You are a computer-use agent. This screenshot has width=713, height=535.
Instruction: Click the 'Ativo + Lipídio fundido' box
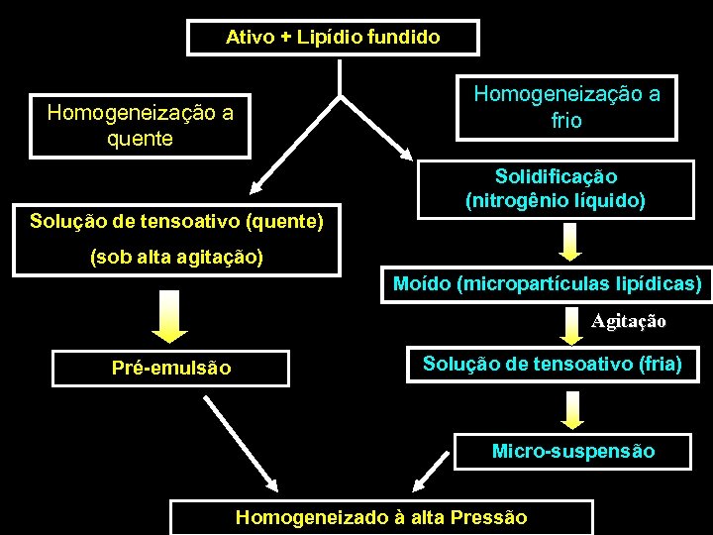[333, 38]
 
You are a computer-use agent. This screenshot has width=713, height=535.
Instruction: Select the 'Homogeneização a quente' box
[140, 126]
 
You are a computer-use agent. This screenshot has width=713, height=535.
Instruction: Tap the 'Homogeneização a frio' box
[566, 107]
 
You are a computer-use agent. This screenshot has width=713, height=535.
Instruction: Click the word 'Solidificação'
[556, 176]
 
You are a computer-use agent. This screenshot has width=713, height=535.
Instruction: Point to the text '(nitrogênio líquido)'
[556, 201]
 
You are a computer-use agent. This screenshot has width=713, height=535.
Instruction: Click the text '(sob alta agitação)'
[176, 258]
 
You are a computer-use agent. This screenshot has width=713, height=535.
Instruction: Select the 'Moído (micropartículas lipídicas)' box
[547, 285]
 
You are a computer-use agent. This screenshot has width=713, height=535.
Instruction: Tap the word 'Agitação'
[629, 321]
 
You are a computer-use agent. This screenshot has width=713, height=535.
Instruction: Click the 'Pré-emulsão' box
[171, 368]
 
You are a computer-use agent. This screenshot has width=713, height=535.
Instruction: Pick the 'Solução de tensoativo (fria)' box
[552, 364]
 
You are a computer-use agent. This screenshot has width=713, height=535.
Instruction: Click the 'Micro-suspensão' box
[573, 451]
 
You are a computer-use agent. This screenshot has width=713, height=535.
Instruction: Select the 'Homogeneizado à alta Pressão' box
[381, 517]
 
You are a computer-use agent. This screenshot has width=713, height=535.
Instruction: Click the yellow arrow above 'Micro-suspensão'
[572, 408]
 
